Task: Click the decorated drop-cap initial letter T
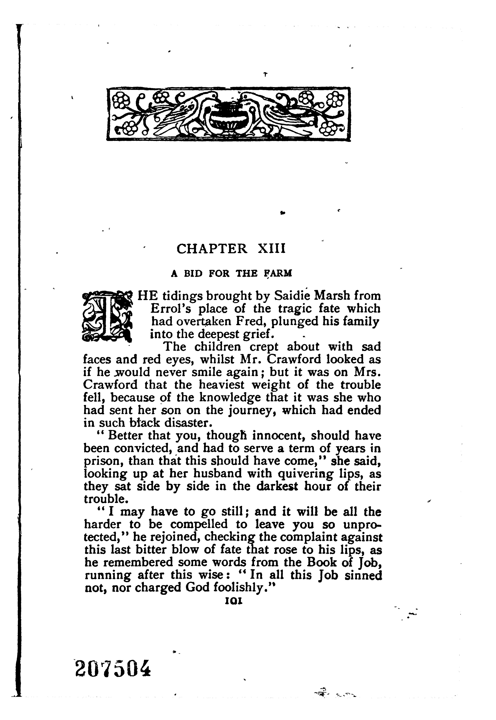[107, 316]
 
